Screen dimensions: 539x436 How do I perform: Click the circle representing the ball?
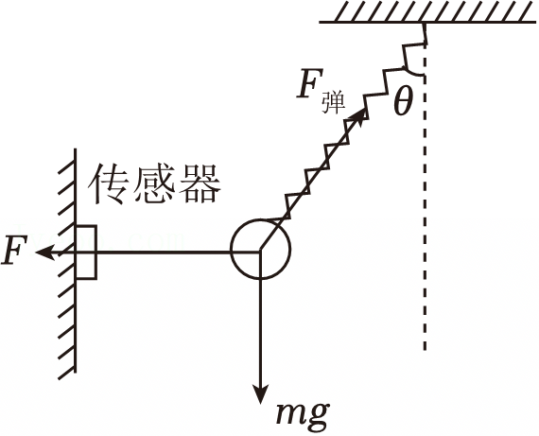pyautogui.click(x=232, y=249)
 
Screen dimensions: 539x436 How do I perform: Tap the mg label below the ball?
pyautogui.click(x=303, y=414)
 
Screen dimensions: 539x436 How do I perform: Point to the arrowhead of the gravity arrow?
pyautogui.click(x=261, y=394)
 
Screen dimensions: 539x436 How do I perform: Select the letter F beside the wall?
pyautogui.click(x=14, y=251)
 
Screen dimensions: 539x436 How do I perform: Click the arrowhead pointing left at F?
pyautogui.click(x=43, y=253)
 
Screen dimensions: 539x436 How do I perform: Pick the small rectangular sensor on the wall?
pyautogui.click(x=86, y=252)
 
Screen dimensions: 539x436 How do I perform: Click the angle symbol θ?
pyautogui.click(x=402, y=101)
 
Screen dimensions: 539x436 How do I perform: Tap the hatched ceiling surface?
pyautogui.click(x=427, y=12)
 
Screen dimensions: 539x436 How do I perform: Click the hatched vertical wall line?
pyautogui.click(x=75, y=260)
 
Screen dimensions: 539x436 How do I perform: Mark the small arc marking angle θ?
pyautogui.click(x=413, y=73)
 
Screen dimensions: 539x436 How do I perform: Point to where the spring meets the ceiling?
pyautogui.click(x=426, y=24)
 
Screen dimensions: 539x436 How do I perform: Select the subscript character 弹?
pyautogui.click(x=333, y=102)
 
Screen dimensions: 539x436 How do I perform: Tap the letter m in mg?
pyautogui.click(x=289, y=411)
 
